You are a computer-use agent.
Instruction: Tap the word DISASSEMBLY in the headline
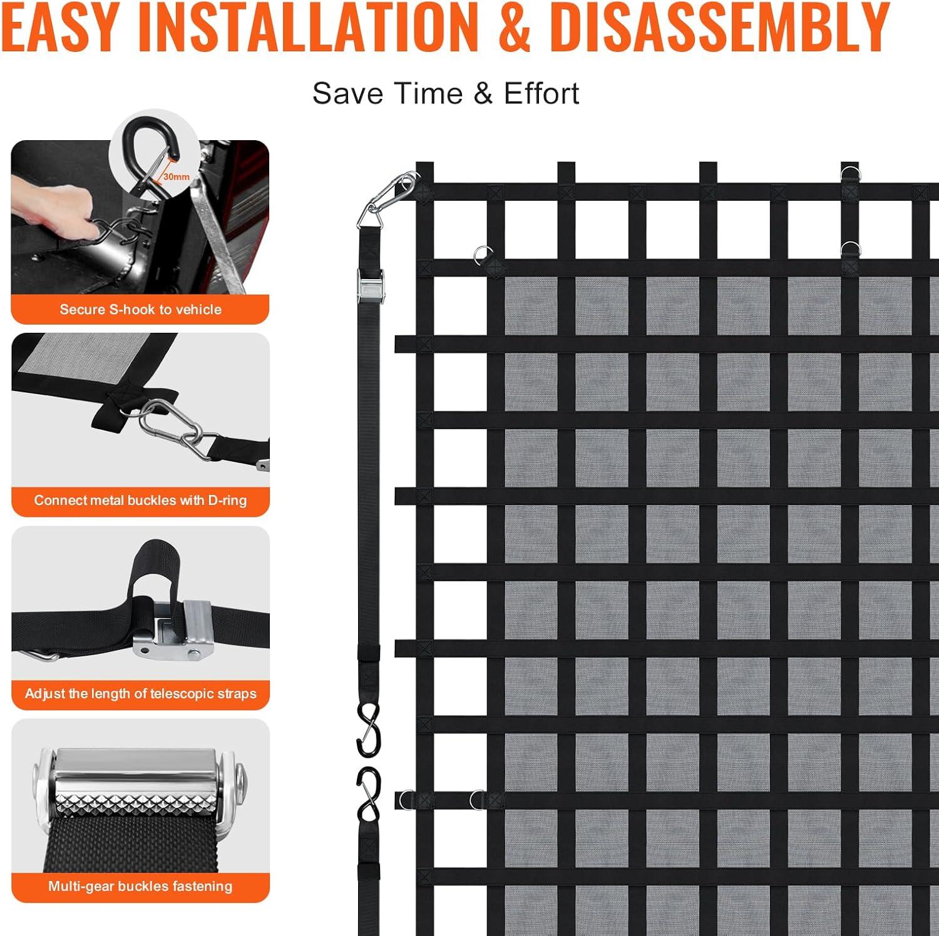[x=722, y=27]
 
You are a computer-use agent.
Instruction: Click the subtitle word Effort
[x=541, y=93]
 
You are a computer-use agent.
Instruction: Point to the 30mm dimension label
[x=177, y=177]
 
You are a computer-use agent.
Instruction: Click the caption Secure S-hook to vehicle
[x=140, y=309]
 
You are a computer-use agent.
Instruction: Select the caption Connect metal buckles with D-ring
[x=140, y=500]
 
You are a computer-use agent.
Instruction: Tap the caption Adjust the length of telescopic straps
[x=140, y=693]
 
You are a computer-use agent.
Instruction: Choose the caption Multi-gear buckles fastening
[x=140, y=886]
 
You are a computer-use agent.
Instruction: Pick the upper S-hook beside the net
[x=368, y=729]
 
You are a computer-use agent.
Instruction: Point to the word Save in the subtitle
[x=348, y=93]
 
